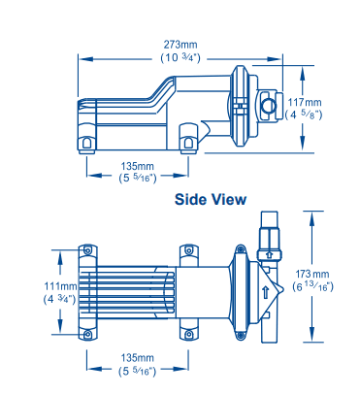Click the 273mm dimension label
point(180,45)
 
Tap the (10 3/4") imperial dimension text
point(180,58)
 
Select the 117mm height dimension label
point(305,103)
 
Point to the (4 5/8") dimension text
point(304,115)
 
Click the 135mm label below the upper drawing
point(138,166)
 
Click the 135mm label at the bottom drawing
point(138,358)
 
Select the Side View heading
point(211,199)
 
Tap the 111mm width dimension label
point(61,286)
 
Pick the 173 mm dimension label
point(312,275)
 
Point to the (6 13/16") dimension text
point(312,286)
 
